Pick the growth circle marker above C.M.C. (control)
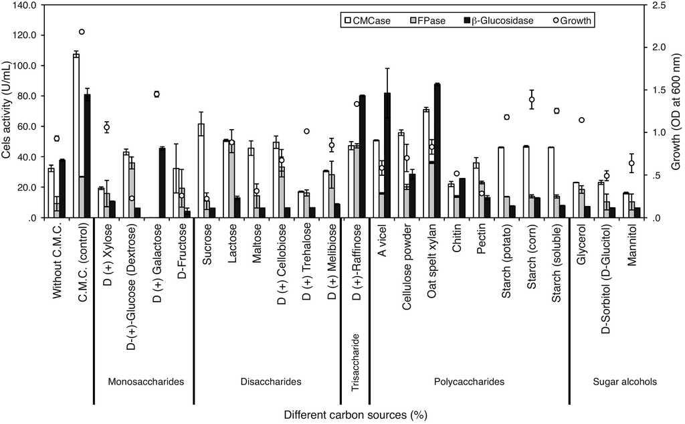[82, 31]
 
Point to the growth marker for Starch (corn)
[532, 100]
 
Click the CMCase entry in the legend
[367, 21]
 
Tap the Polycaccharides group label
[468, 382]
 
